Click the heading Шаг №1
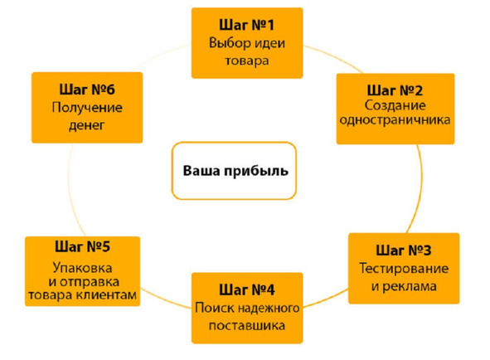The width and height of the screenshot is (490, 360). click(x=246, y=25)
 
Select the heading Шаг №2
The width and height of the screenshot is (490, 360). click(x=395, y=90)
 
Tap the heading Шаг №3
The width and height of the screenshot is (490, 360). click(x=404, y=250)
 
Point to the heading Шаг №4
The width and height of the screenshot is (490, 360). click(x=247, y=289)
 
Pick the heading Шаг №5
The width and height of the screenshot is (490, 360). click(x=83, y=246)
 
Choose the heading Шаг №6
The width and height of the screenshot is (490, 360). click(x=87, y=90)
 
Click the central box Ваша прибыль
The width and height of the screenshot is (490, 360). click(x=234, y=171)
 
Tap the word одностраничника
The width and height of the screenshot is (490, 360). click(x=395, y=120)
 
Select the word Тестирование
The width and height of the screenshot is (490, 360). click(x=404, y=269)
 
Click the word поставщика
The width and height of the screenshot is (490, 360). click(x=247, y=326)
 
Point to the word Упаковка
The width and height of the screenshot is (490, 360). click(x=83, y=268)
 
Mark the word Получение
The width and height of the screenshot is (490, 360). click(x=87, y=108)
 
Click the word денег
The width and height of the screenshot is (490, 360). click(x=86, y=125)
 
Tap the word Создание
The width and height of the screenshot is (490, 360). click(x=395, y=105)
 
